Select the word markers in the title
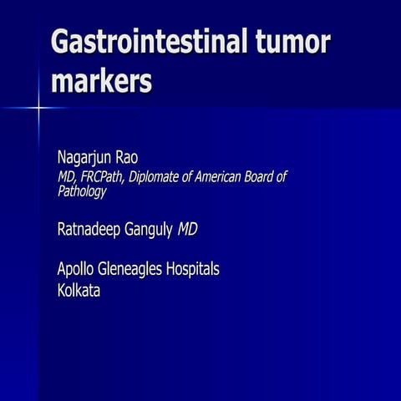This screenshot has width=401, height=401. [x=101, y=83]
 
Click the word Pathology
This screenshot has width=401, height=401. [x=82, y=191]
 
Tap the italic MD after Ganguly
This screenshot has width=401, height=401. [x=188, y=229]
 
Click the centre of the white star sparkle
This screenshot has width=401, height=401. [x=38, y=107]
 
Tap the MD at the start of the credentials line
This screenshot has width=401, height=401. [x=65, y=177]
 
